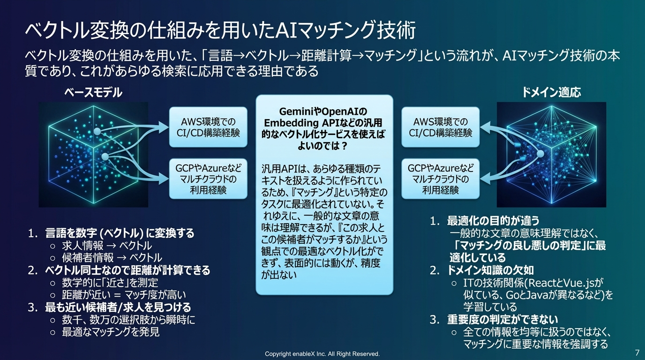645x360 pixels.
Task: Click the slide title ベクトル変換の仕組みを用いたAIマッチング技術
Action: pyautogui.click(x=220, y=31)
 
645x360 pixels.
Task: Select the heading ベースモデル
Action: pyautogui.click(x=93, y=93)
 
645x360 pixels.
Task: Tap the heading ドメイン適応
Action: pyautogui.click(x=551, y=92)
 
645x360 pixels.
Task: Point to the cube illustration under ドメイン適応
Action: pyautogui.click(x=551, y=155)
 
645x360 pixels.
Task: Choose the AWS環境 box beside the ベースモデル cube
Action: pyautogui.click(x=208, y=127)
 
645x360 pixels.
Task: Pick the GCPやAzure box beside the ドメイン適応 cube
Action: pyautogui.click(x=440, y=179)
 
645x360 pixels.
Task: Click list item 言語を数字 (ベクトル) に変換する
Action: pyautogui.click(x=120, y=233)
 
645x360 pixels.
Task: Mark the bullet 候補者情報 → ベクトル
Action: pyautogui.click(x=112, y=257)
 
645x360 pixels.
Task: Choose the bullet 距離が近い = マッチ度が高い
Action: pyautogui.click(x=124, y=295)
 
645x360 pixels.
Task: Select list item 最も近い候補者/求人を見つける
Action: pyautogui.click(x=118, y=307)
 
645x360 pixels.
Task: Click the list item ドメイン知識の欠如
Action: pyautogui.click(x=490, y=270)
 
